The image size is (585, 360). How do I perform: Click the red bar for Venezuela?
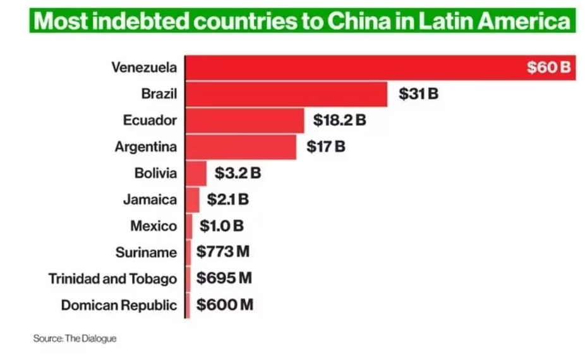[x=354, y=67]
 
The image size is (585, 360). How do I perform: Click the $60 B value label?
[x=548, y=67]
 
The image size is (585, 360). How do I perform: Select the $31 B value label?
[x=418, y=94]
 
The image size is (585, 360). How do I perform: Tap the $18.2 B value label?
[x=339, y=120]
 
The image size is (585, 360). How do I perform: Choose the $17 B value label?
[x=326, y=147]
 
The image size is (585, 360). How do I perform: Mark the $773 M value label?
[x=223, y=252]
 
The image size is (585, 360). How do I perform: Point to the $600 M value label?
[x=225, y=305]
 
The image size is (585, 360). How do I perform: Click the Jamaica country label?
[x=150, y=200]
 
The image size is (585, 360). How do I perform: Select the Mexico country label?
[x=154, y=225]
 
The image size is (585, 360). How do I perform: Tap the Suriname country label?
[x=146, y=252]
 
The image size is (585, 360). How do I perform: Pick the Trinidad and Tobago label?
[x=112, y=279]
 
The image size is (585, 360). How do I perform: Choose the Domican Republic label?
[x=119, y=305]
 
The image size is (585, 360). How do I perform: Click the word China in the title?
[x=358, y=20]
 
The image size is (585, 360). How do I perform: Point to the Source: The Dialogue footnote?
[x=75, y=339]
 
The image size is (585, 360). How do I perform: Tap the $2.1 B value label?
[x=224, y=200]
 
